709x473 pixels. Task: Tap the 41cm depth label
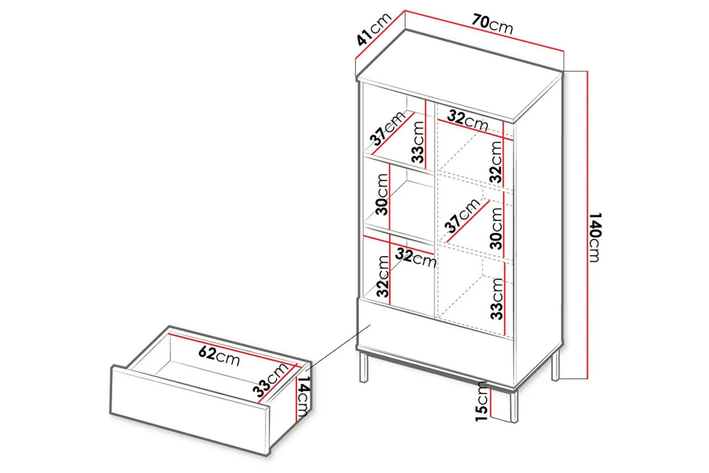(374, 29)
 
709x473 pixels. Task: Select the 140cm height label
(595, 237)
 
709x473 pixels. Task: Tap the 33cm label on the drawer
(270, 380)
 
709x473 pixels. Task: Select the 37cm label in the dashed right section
(462, 215)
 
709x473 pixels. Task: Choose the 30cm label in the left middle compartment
(382, 194)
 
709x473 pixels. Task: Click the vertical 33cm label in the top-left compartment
(418, 142)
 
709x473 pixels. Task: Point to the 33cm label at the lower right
(497, 299)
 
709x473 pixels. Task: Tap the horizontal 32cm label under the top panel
(467, 120)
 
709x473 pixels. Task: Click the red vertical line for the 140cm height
(587, 225)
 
